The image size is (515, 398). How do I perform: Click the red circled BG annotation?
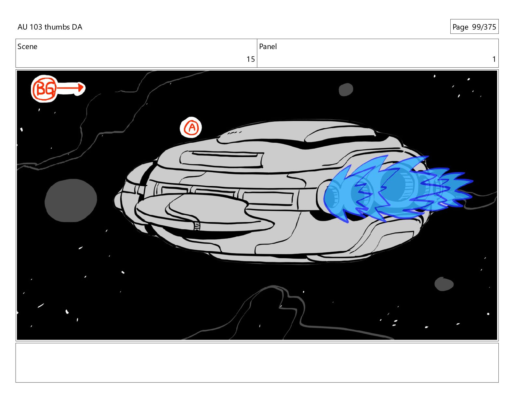[44, 88]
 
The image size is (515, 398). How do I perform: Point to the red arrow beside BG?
[71, 88]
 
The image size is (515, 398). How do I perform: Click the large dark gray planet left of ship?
[71, 200]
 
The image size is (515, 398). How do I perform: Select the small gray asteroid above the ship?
[346, 89]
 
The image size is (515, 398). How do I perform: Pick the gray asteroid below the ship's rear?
[444, 284]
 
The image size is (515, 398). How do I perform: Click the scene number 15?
[250, 59]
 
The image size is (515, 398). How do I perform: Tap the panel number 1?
[494, 59]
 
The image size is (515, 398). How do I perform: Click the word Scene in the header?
[27, 46]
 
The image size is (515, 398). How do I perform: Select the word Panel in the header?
[268, 46]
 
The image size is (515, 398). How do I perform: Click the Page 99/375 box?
[474, 27]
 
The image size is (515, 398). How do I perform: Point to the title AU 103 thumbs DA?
[50, 27]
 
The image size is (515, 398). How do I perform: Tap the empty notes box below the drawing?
[257, 363]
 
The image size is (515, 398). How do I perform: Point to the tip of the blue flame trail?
[472, 181]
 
